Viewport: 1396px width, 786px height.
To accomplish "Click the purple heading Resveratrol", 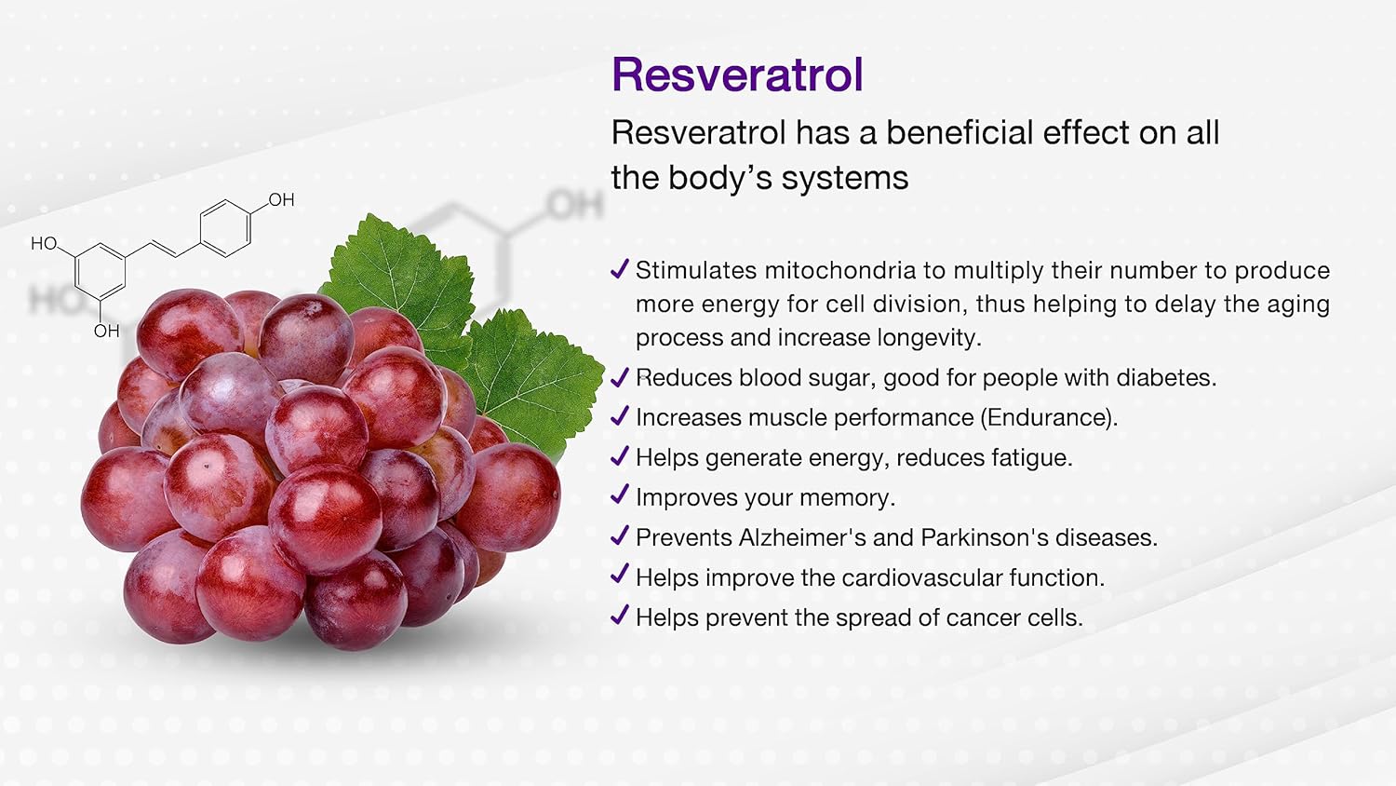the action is click(x=737, y=75).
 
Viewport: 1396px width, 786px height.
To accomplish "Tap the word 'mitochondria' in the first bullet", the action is click(x=840, y=270).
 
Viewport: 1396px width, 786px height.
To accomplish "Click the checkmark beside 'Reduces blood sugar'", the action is click(x=620, y=377).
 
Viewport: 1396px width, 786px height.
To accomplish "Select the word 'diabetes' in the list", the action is click(x=1165, y=377).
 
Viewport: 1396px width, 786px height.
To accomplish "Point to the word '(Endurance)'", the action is click(x=1048, y=417).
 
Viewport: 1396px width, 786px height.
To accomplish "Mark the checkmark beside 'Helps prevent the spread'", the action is click(x=620, y=615).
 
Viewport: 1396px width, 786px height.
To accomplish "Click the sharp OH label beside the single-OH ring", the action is click(x=281, y=199).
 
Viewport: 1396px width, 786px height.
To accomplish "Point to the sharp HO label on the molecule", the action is click(x=45, y=243).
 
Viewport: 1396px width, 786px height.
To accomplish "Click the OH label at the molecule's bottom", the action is click(x=107, y=331).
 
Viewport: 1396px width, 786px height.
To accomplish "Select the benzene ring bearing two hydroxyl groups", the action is click(x=100, y=272).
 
